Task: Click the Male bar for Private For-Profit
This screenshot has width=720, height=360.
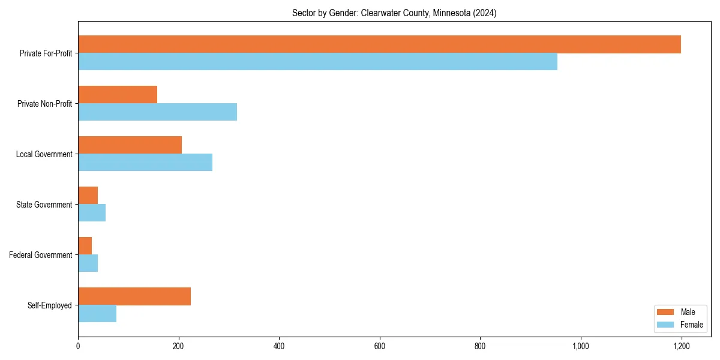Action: [379, 44]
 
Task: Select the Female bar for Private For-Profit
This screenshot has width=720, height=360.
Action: [317, 62]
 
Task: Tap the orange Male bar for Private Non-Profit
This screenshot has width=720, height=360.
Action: [118, 95]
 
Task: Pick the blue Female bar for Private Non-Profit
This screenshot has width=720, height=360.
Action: [157, 112]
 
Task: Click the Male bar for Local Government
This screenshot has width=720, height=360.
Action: [130, 145]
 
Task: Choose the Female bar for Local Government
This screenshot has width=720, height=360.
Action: [145, 163]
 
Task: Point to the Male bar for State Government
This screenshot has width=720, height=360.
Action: [88, 196]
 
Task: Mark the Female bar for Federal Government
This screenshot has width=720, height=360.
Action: [88, 263]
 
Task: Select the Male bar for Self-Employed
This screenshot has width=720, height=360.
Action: [134, 296]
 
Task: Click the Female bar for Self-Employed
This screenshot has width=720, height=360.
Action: [97, 314]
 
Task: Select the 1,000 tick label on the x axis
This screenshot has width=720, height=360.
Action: [580, 346]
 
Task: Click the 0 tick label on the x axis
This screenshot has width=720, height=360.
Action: [78, 346]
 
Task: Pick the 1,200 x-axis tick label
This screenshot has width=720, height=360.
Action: [681, 346]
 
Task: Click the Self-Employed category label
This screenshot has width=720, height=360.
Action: [50, 305]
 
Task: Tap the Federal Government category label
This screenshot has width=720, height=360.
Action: [41, 255]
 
